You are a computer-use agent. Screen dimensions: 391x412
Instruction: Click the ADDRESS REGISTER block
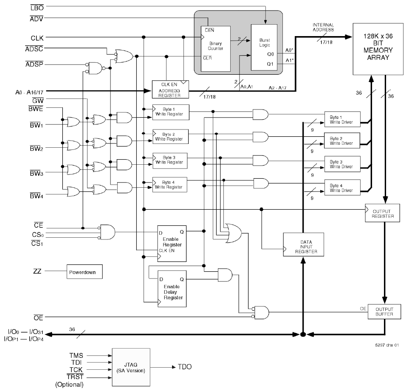pyautogui.click(x=169, y=87)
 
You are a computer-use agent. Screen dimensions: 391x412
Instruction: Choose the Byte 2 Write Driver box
pyautogui.click(x=342, y=141)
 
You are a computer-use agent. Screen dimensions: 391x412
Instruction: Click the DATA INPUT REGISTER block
pyautogui.click(x=304, y=245)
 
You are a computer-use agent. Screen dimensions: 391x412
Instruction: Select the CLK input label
pyautogui.click(x=37, y=38)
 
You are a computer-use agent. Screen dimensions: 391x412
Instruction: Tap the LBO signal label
pyautogui.click(x=37, y=7)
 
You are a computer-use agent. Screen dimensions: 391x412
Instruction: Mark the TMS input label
pyautogui.click(x=76, y=355)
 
